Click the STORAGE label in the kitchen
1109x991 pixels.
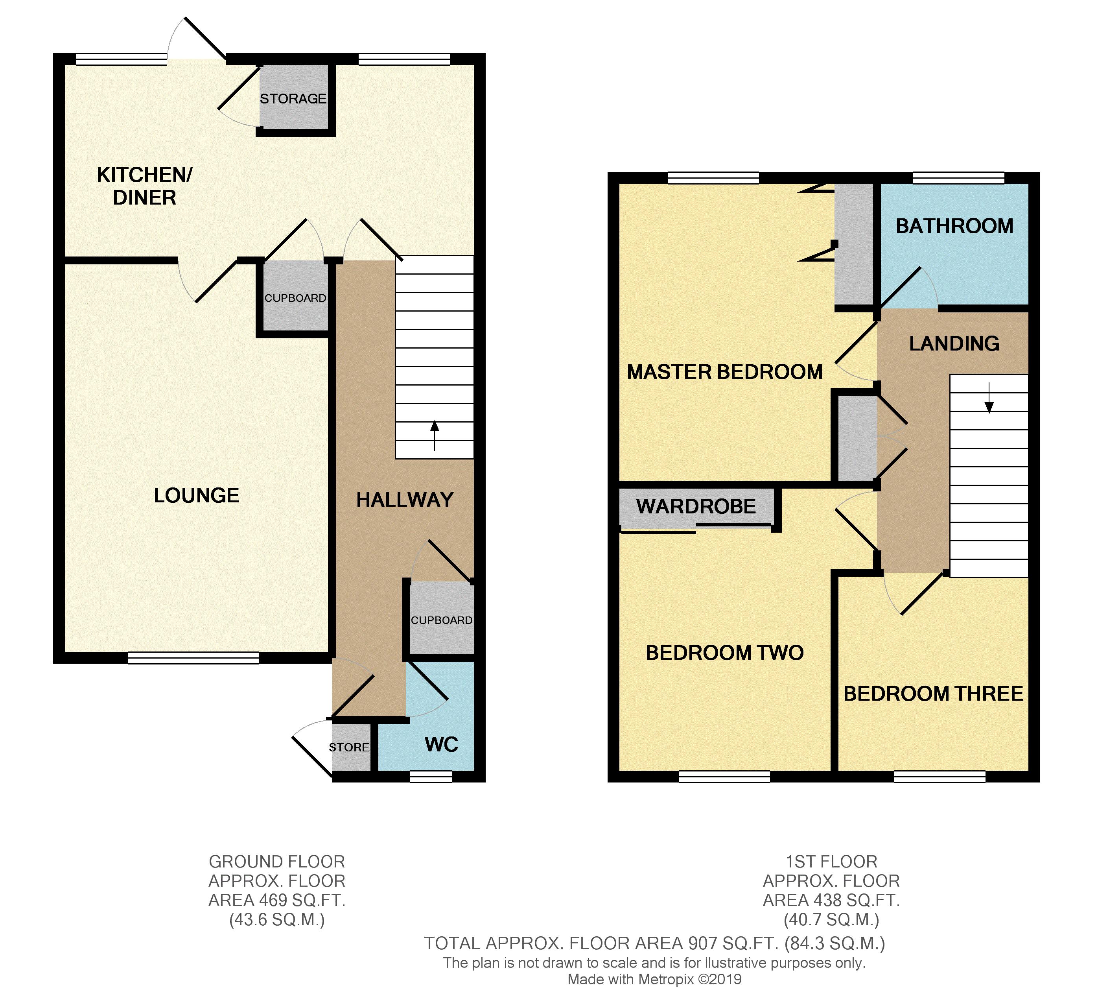[x=293, y=99]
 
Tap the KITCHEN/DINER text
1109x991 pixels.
[x=144, y=186]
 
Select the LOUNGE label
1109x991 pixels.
[x=197, y=495]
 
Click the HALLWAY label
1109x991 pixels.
[x=405, y=499]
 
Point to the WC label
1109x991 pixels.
[x=441, y=744]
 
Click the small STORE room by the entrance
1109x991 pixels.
[x=349, y=747]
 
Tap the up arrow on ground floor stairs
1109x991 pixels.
[x=434, y=434]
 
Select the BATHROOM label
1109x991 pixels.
[x=954, y=225]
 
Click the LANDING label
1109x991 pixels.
[x=954, y=343]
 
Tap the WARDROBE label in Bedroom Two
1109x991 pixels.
[x=696, y=506]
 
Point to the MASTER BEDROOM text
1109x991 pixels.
[x=724, y=372]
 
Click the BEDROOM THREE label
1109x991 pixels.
[x=933, y=693]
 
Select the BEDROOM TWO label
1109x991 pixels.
[x=724, y=652]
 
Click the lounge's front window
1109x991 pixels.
[x=193, y=658]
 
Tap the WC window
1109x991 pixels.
[x=431, y=777]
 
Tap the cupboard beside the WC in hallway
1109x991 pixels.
[x=441, y=620]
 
